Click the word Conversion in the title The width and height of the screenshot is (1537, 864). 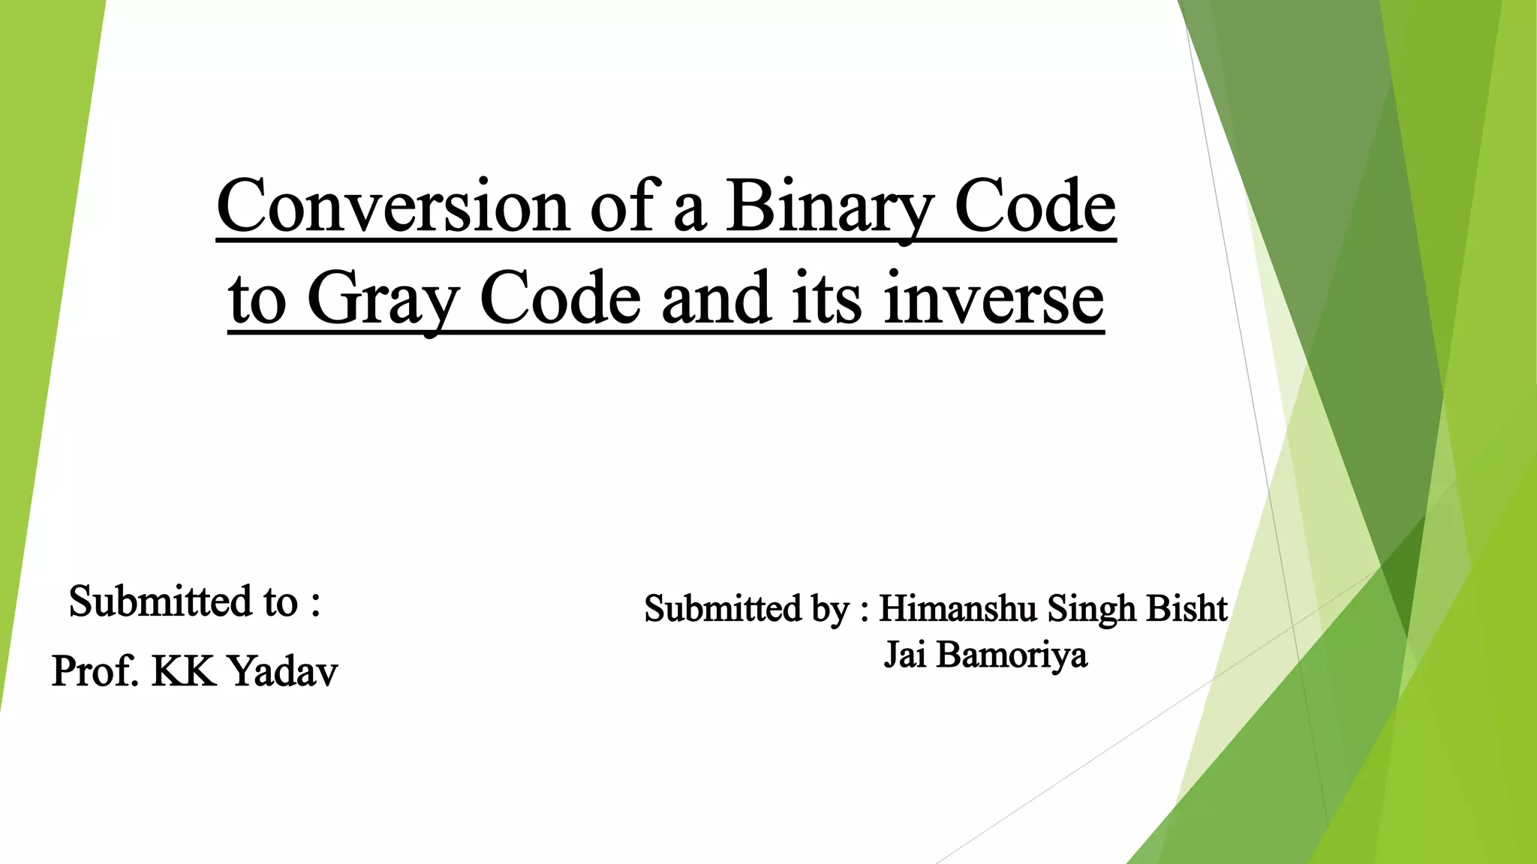click(x=393, y=206)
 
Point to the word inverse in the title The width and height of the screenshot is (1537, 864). click(x=994, y=298)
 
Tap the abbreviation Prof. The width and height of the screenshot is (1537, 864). click(x=95, y=670)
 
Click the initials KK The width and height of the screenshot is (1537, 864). click(x=182, y=670)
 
